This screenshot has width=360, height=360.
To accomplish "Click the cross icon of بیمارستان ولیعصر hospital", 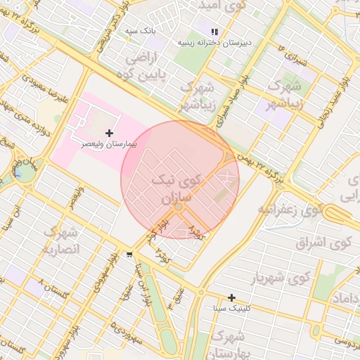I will tap(109, 133).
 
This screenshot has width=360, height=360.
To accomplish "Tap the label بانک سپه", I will tap(139, 32).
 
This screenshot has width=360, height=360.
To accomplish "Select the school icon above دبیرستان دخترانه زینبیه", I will tap(214, 32).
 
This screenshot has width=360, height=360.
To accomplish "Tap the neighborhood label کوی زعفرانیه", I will tap(290, 210).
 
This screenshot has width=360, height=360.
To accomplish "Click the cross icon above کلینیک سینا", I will tap(232, 298).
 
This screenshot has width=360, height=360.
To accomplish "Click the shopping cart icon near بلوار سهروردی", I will tap(129, 255).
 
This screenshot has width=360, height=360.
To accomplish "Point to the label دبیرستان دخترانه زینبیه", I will tap(215, 42).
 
